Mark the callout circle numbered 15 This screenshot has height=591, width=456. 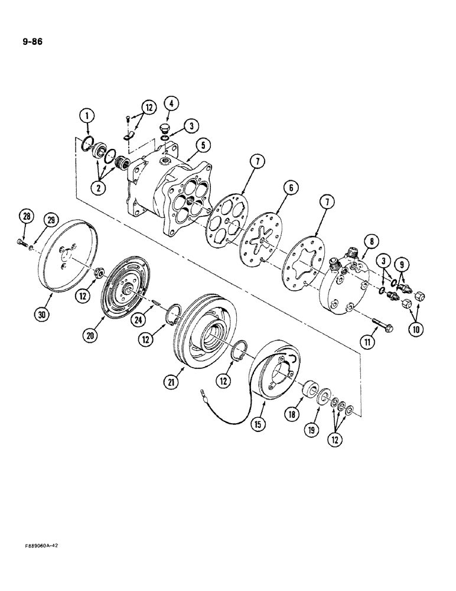coord(258,423)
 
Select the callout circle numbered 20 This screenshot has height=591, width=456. coord(89,335)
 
